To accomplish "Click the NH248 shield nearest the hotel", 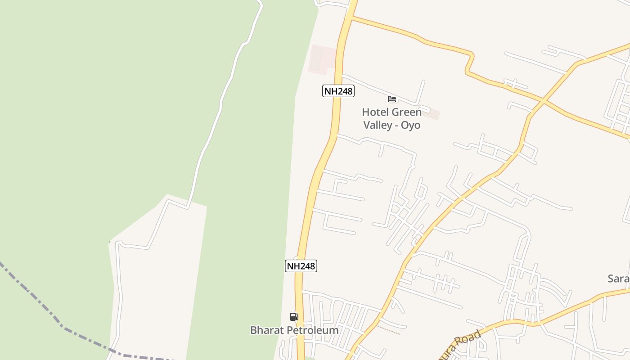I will (x=338, y=91).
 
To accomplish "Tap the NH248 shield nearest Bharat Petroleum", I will (x=301, y=266).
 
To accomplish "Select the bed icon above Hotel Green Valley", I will (x=392, y=99).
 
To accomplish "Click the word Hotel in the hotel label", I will (x=376, y=112).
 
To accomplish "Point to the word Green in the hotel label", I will (x=407, y=112).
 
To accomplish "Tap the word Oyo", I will (x=410, y=125).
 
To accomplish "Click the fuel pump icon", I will (x=294, y=317).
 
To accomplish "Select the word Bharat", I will (x=267, y=330).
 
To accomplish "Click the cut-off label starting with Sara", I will (x=618, y=279).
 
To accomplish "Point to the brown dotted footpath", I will (x=389, y=330).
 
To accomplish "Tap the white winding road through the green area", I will (x=220, y=108).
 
